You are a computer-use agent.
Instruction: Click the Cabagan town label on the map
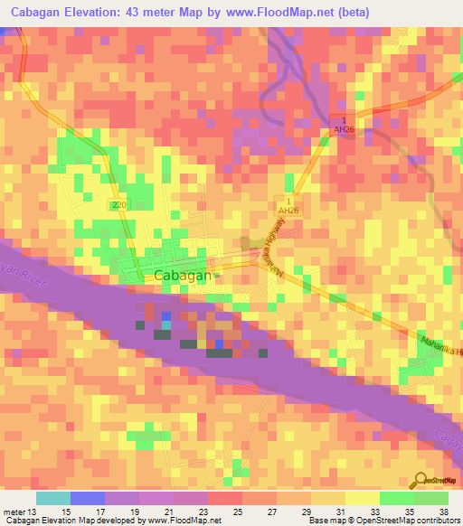pyautogui.click(x=183, y=276)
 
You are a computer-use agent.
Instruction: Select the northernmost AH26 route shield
pyautogui.click(x=342, y=126)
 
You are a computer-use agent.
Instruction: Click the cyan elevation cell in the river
pyautogui.click(x=165, y=324)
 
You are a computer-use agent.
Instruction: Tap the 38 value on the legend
pyautogui.click(x=442, y=512)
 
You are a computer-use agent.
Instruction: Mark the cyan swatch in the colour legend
pyautogui.click(x=52, y=498)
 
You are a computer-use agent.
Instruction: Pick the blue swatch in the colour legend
pyautogui.click(x=87, y=498)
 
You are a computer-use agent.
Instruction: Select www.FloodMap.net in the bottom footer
pyautogui.click(x=185, y=521)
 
